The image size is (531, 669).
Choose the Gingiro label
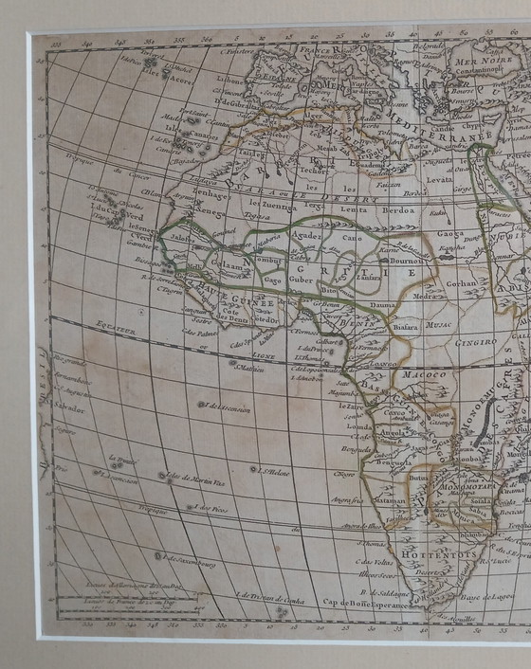click(476, 341)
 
